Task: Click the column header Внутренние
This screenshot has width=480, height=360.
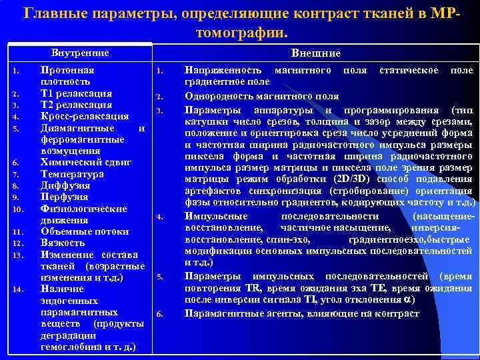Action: [x=81, y=53]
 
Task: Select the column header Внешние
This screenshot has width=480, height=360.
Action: [x=316, y=53]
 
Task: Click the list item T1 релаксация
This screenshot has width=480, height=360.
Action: [x=76, y=93]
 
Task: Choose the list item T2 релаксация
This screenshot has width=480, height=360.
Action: [x=76, y=105]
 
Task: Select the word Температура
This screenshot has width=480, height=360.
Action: [x=72, y=174]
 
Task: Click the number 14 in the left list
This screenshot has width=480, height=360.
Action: [x=20, y=289]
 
